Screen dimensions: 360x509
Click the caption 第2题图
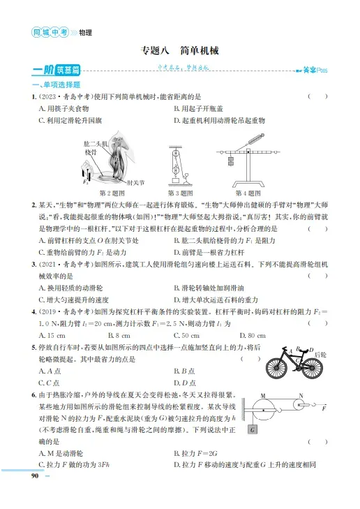(x=113, y=193)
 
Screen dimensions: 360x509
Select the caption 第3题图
(x=179, y=193)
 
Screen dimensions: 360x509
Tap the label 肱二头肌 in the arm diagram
(x=93, y=142)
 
